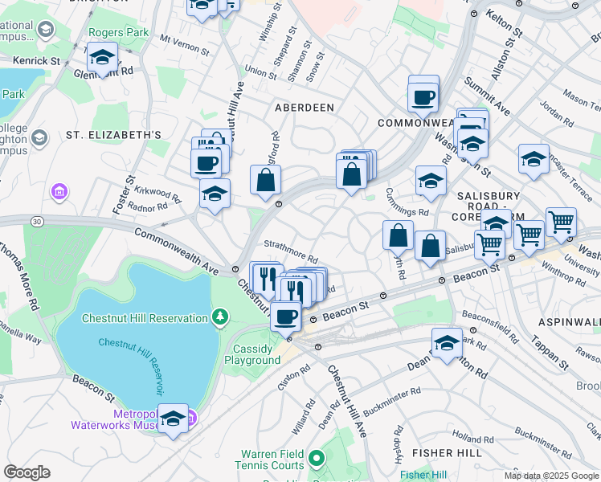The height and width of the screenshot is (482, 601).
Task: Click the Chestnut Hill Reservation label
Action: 144,319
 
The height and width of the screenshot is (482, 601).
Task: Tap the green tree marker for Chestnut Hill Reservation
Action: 220,318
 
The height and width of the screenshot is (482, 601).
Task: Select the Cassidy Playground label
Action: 256,354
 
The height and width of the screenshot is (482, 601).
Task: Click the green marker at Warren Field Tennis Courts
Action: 316,460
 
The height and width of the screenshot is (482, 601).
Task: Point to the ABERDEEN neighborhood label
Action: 305,107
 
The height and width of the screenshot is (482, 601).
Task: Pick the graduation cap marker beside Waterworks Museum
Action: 173,419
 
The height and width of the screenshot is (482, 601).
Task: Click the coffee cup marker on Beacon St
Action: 285,317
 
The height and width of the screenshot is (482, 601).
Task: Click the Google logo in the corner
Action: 27,472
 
